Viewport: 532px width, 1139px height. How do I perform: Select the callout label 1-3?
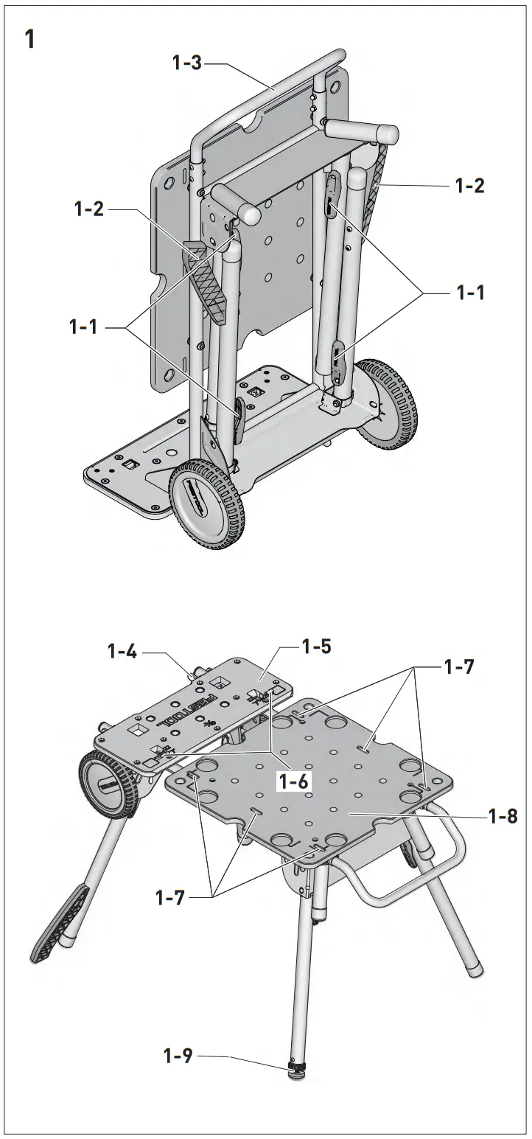coord(187,64)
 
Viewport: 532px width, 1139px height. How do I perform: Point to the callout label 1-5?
coord(316,647)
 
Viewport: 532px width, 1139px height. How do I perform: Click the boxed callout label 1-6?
coord(294,781)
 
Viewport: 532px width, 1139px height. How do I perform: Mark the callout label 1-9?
coord(178,1056)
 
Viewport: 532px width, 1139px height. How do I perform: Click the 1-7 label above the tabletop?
coord(459,667)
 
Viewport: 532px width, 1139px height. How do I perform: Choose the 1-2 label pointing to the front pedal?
coord(89,210)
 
